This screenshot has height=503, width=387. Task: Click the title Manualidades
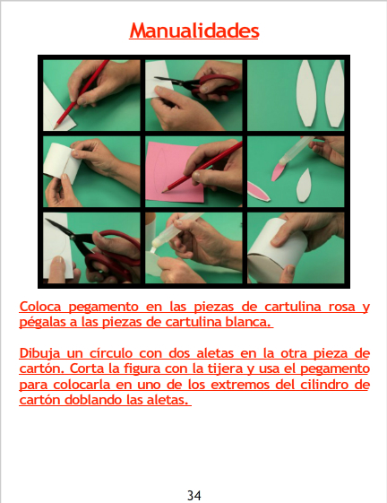pos(194,30)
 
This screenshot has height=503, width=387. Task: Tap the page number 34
pos(194,495)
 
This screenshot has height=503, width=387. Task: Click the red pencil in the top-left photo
pos(82,94)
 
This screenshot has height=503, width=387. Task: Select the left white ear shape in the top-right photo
pos(306,93)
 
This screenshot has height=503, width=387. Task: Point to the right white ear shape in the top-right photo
pos(334,93)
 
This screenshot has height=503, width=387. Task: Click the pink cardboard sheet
pos(175,172)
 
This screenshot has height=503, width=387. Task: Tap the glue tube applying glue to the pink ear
pos(296,150)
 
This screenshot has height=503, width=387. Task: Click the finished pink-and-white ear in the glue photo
pos(258,192)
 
